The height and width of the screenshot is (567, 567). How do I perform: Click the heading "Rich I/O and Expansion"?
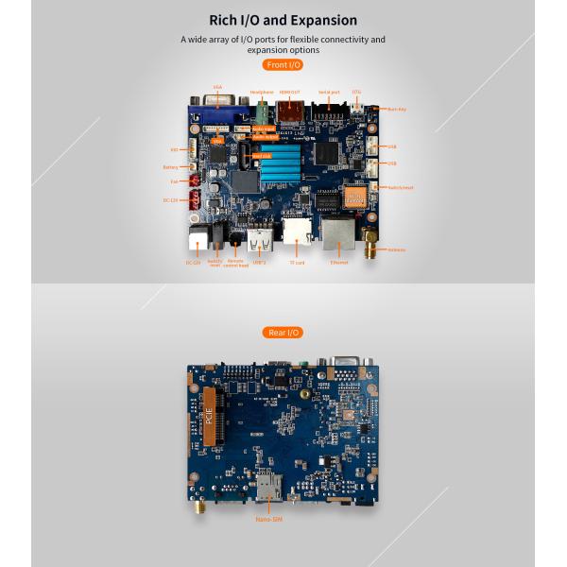point(283,20)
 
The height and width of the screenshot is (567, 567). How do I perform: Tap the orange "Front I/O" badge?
point(283,64)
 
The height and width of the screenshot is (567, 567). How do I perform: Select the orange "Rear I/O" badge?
point(283,332)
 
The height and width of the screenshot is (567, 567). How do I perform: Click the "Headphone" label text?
point(262,92)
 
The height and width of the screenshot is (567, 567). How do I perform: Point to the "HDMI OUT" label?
point(289,92)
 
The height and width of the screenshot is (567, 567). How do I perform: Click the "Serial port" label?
point(329,92)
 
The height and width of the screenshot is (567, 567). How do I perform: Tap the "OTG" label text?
point(356,92)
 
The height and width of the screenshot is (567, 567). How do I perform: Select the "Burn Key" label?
point(397,109)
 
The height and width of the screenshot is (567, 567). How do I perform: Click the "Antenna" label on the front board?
point(396,249)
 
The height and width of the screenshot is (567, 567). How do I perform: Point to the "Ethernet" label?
point(339,263)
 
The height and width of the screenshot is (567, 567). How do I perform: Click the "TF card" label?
point(297,263)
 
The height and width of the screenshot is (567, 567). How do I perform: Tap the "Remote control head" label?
point(237,264)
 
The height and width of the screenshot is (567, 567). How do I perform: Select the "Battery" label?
point(170,167)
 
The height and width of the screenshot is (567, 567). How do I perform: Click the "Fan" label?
point(174,181)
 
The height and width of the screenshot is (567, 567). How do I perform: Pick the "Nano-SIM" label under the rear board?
point(268,519)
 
